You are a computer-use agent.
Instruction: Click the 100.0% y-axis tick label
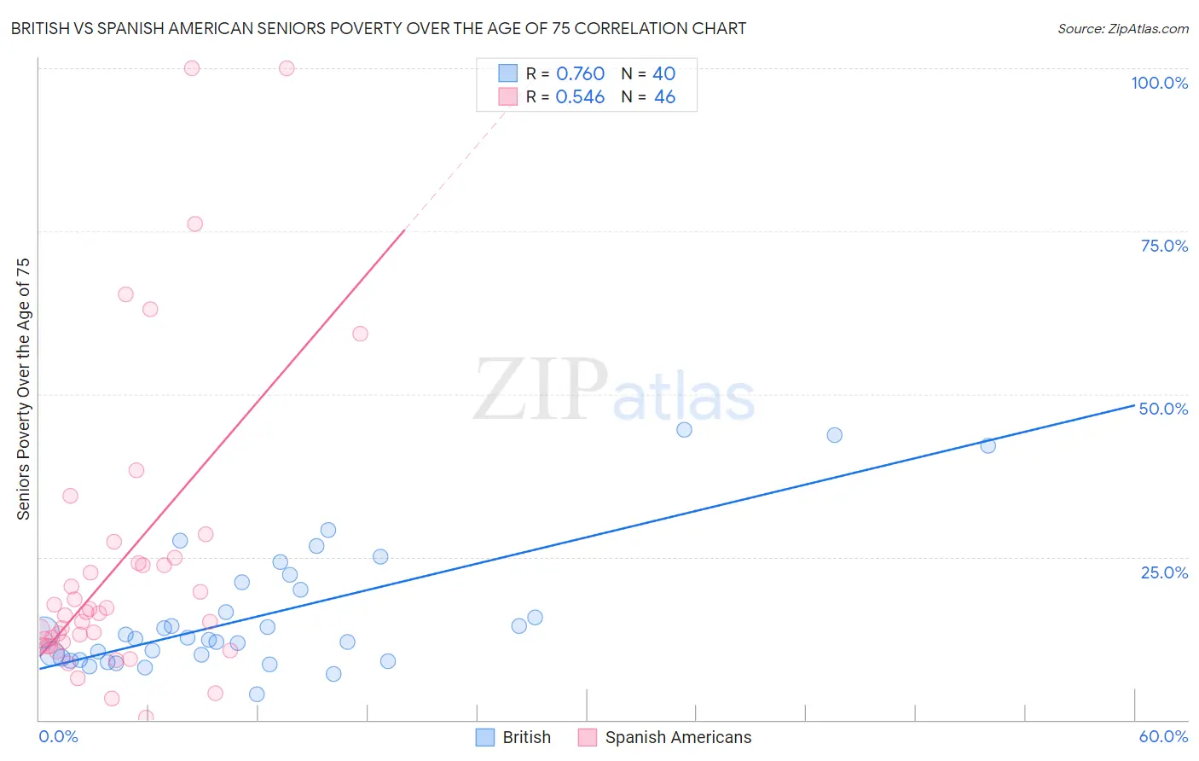coord(1159,83)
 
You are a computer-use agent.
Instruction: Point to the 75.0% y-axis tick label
coord(1164,246)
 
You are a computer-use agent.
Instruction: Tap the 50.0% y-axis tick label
coord(1163,409)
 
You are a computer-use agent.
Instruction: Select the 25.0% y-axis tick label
coord(1164,572)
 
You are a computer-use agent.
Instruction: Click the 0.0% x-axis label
coord(58,736)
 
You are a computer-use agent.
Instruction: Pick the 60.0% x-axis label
coord(1163,736)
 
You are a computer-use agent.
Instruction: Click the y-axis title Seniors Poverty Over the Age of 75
coord(23,389)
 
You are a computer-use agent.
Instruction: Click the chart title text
coord(379,29)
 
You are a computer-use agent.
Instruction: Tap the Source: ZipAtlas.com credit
coord(1122,29)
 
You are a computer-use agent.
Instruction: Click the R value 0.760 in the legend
coord(580,74)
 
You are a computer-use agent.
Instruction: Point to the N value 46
coord(664,97)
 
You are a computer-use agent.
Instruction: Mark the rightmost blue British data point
coord(988,445)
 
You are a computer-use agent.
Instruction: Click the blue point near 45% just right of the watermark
coord(684,430)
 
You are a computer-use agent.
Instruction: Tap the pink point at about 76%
coord(194,224)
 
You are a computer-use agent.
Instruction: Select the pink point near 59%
coord(360,334)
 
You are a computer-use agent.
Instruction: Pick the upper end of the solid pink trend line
coord(404,230)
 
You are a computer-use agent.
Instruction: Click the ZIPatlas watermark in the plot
coord(614,391)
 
